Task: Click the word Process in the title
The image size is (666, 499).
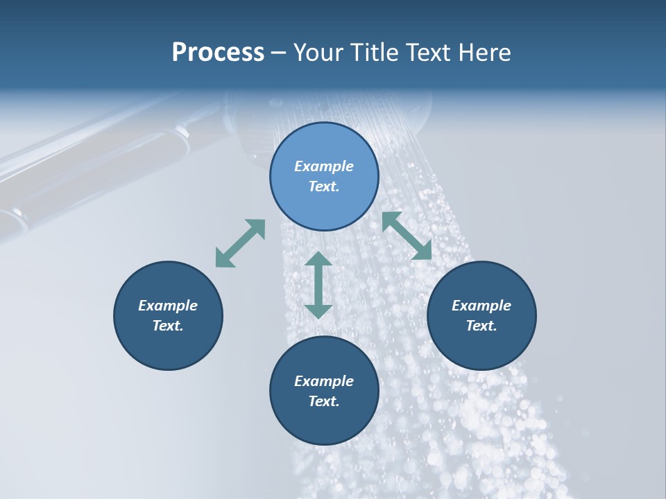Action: click(218, 53)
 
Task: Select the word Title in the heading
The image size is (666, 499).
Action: click(371, 53)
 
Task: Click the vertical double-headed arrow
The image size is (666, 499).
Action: click(318, 285)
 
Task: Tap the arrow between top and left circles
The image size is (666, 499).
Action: click(240, 243)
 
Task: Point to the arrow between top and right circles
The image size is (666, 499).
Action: click(407, 236)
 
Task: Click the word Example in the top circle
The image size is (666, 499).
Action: click(324, 166)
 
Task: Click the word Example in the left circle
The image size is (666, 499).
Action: click(168, 306)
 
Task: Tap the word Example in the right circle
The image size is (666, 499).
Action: click(481, 306)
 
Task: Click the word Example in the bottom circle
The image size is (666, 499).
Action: click(324, 381)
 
